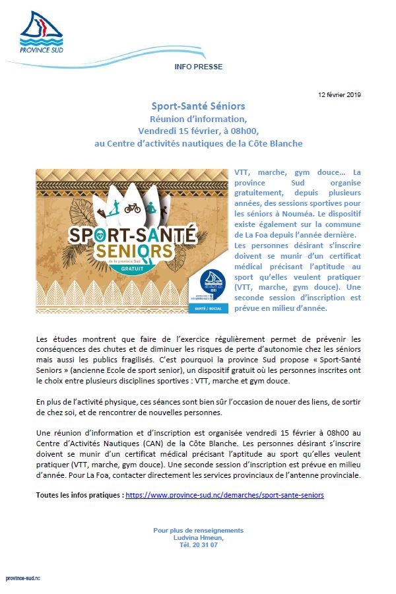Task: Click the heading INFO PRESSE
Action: click(198, 67)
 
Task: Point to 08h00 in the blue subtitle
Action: click(225, 131)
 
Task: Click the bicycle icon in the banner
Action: click(132, 207)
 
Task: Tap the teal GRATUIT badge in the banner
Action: click(149, 270)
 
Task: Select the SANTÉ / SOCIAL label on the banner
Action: click(205, 308)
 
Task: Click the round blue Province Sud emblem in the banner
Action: click(205, 278)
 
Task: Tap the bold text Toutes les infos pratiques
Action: click(79, 494)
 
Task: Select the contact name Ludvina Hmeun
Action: click(198, 538)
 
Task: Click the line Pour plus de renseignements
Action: click(198, 530)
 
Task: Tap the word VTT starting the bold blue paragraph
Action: click(242, 172)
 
